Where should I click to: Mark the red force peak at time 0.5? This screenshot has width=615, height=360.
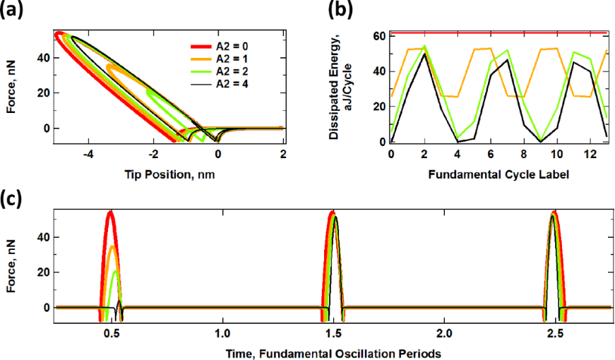110,211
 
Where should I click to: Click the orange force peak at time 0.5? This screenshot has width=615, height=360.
109,246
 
